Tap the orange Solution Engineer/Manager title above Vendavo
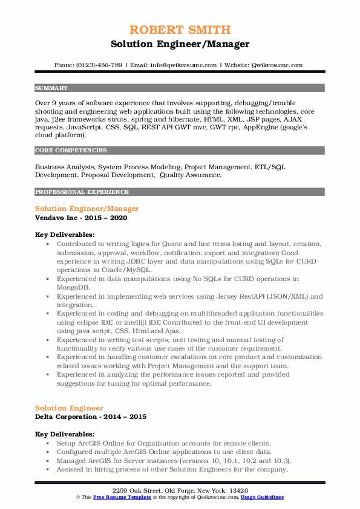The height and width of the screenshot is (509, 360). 87,209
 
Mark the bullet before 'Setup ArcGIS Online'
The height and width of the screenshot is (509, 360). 49,443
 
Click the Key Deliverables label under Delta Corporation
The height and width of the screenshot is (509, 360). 65,434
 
